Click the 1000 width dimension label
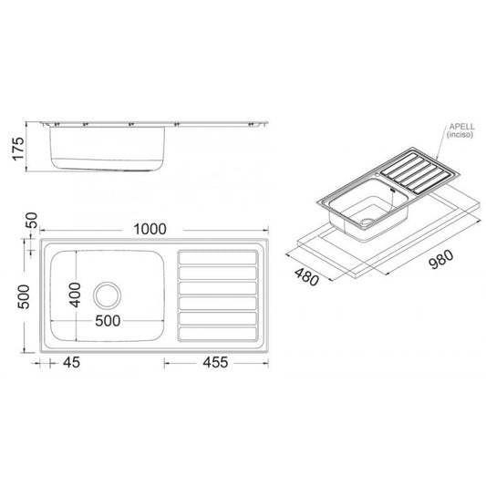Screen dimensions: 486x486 coord(150,230)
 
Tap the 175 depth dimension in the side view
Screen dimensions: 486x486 coord(18,149)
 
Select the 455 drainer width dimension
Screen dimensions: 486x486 coord(215,362)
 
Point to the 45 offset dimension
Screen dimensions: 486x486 coord(72,362)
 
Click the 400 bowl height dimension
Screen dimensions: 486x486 coord(75,295)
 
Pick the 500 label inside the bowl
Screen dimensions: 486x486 coord(108,321)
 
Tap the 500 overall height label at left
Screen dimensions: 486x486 coord(24,297)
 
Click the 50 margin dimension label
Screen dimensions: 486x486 coord(32,221)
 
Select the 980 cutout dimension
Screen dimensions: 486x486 coord(440,259)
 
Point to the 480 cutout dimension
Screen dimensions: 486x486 coord(306,277)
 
